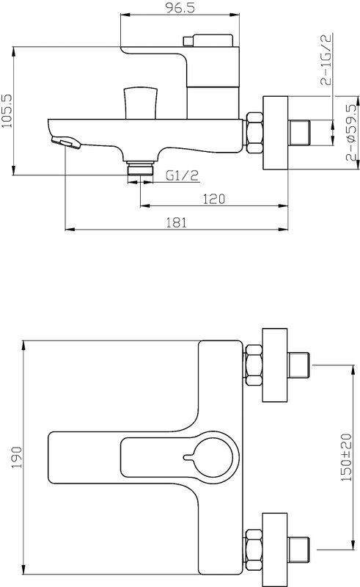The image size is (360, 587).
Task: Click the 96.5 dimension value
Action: (x=180, y=8)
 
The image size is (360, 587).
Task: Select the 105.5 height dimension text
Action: (x=7, y=111)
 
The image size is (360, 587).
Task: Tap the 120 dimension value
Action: (x=213, y=199)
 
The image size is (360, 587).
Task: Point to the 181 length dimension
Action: (x=176, y=222)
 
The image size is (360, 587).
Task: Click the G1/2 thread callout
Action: (x=182, y=175)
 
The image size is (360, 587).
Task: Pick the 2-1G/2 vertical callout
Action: (x=326, y=59)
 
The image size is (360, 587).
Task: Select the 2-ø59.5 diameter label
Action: (x=351, y=132)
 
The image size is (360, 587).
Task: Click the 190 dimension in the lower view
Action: (x=16, y=457)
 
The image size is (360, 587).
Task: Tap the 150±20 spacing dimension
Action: (x=347, y=457)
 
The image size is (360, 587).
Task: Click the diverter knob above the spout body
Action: (x=141, y=103)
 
